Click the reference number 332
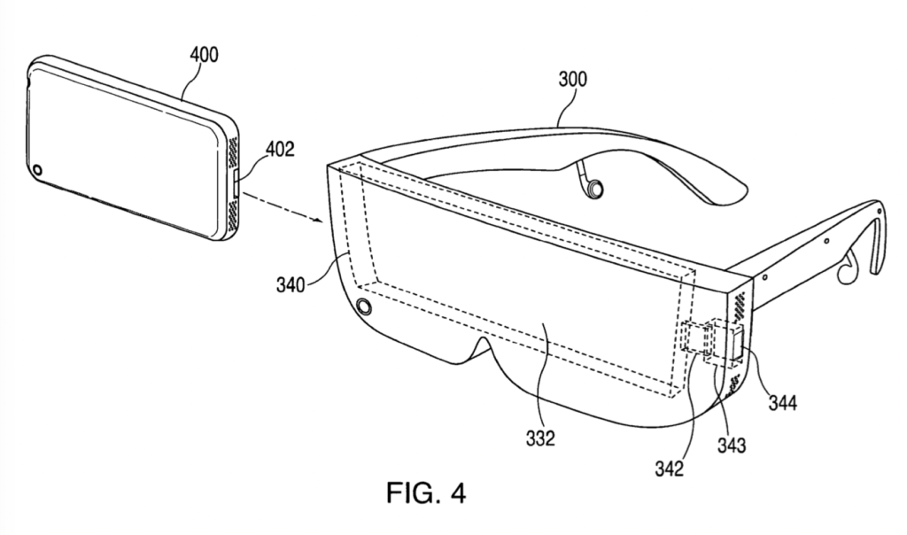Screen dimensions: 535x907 tap(539, 438)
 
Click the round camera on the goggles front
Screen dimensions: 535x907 tap(362, 306)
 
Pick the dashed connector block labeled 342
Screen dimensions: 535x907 tap(697, 339)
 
